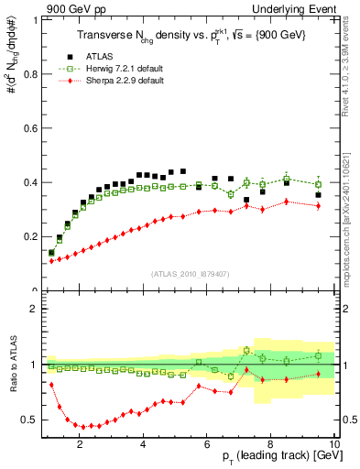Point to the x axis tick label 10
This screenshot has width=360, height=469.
pos(333,446)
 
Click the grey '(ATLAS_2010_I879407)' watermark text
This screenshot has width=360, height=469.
pos(189,274)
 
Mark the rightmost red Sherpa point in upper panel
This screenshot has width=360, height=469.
pos(318,206)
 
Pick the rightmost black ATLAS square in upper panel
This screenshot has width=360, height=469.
pos(318,195)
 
